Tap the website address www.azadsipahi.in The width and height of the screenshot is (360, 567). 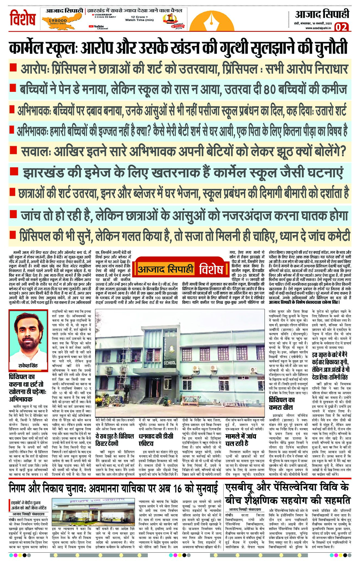(318, 28)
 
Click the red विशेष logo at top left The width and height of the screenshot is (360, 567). (23, 18)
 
